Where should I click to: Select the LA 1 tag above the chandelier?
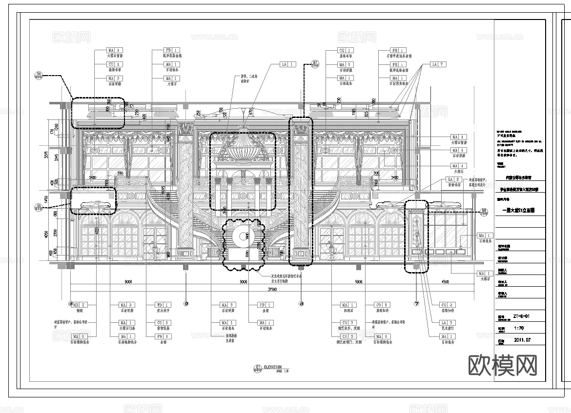click(287, 64)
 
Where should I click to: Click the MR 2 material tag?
click(79, 305)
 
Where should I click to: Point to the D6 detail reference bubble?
click(39, 75)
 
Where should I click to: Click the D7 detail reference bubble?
click(315, 62)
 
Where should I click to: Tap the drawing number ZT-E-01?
click(523, 316)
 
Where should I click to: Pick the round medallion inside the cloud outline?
click(242, 237)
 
